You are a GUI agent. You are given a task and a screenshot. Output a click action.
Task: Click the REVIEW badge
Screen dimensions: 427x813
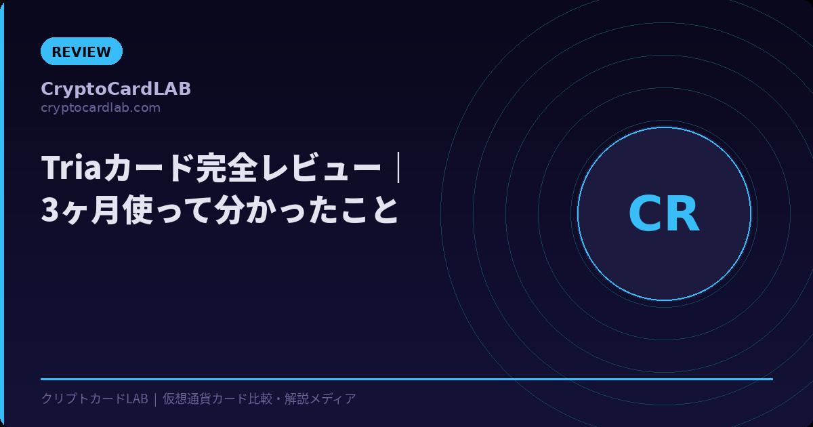(x=81, y=52)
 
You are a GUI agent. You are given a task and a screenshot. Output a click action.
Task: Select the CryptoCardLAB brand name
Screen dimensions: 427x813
(x=116, y=89)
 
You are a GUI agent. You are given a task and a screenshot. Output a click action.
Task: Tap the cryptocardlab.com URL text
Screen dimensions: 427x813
(x=100, y=108)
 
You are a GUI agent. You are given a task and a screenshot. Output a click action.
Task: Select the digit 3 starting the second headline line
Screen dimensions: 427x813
(x=50, y=211)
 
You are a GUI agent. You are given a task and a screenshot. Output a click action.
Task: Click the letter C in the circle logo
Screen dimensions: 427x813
(x=644, y=214)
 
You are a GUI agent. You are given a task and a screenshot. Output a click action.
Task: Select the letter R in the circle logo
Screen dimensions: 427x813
(x=682, y=214)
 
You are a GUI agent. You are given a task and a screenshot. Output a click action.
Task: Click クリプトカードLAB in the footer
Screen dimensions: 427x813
(x=94, y=399)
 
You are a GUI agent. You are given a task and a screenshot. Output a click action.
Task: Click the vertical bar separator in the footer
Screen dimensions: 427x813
(x=155, y=399)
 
